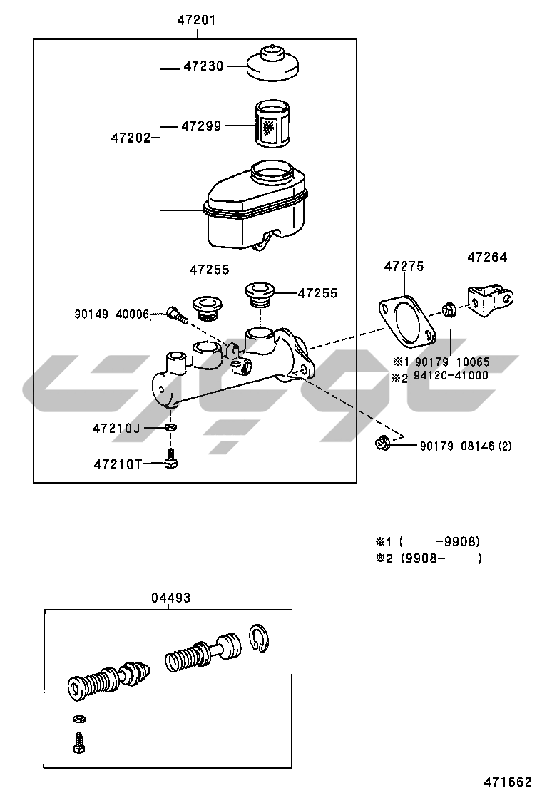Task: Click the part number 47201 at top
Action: click(196, 21)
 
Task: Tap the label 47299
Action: click(201, 126)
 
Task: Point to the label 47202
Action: click(131, 137)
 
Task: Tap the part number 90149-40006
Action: click(112, 314)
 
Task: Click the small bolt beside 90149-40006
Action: click(175, 314)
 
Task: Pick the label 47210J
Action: click(116, 429)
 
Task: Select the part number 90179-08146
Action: click(456, 446)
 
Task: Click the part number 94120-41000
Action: click(451, 376)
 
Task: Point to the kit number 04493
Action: click(170, 598)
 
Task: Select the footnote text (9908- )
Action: click(439, 558)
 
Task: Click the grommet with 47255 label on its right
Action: click(260, 294)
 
